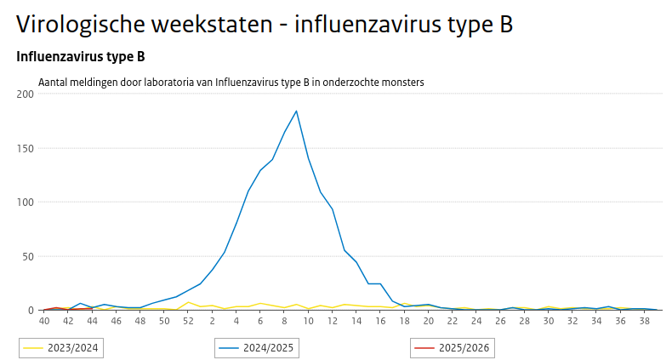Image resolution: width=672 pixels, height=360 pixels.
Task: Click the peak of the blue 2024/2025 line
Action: pyautogui.click(x=296, y=111)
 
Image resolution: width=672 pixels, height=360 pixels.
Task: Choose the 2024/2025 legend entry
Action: pyautogui.click(x=259, y=347)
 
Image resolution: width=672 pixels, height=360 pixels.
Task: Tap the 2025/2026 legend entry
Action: pyautogui.click(x=453, y=347)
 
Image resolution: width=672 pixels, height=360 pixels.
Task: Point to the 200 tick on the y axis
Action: pyautogui.click(x=25, y=94)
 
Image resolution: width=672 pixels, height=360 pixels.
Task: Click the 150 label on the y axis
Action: pyautogui.click(x=25, y=148)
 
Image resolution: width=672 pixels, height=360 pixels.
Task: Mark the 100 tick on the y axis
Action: pyautogui.click(x=25, y=203)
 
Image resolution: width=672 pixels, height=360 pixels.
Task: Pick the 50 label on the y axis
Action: pyautogui.click(x=27, y=256)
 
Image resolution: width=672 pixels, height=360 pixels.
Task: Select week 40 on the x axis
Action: pyautogui.click(x=44, y=321)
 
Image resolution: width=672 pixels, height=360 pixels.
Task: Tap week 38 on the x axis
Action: pyautogui.click(x=646, y=321)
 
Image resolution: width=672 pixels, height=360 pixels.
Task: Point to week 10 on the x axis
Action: pyautogui.click(x=309, y=321)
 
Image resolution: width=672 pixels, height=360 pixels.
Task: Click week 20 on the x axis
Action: pyautogui.click(x=429, y=321)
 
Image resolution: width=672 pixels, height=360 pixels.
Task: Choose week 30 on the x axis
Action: pyautogui.click(x=550, y=321)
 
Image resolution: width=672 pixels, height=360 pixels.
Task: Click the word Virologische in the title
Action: pyautogui.click(x=81, y=25)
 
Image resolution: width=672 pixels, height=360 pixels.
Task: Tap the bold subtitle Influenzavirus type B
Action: pyautogui.click(x=80, y=57)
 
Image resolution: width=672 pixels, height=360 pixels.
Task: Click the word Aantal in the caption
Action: pyautogui.click(x=54, y=83)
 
